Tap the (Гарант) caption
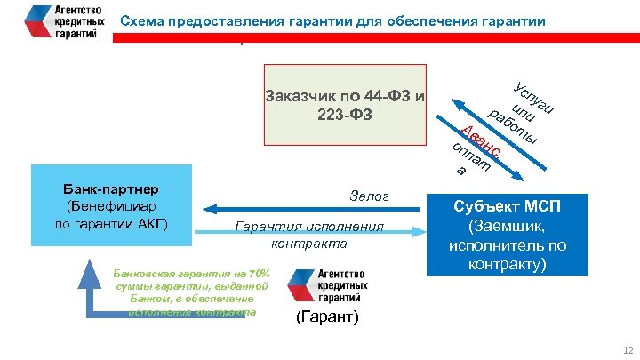click(326, 316)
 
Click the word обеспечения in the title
click(429, 20)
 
